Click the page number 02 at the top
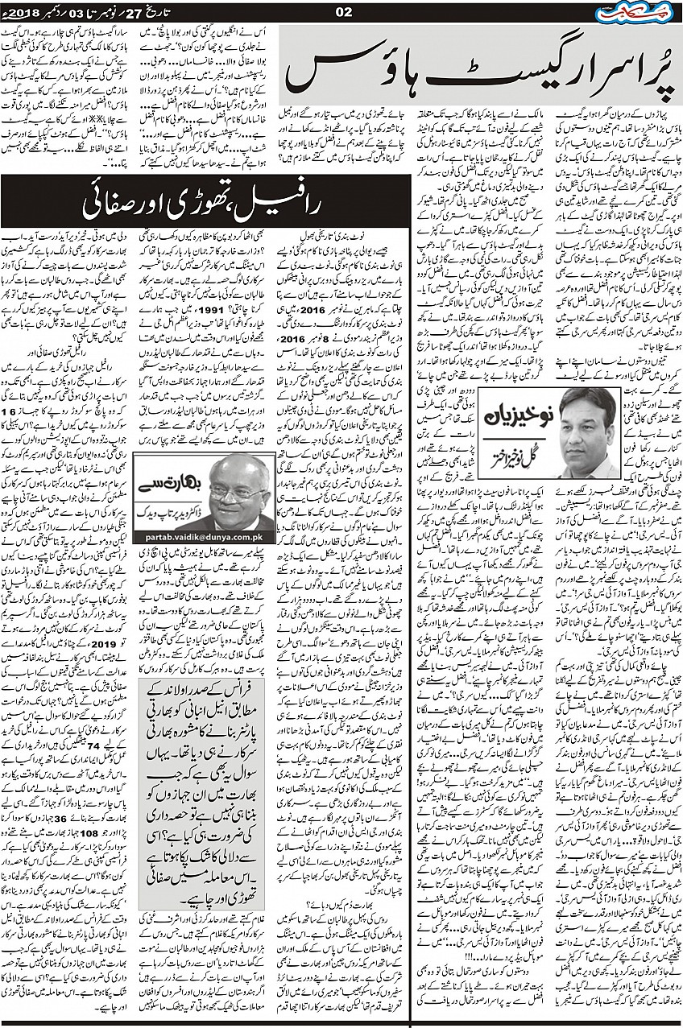tap(341, 10)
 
